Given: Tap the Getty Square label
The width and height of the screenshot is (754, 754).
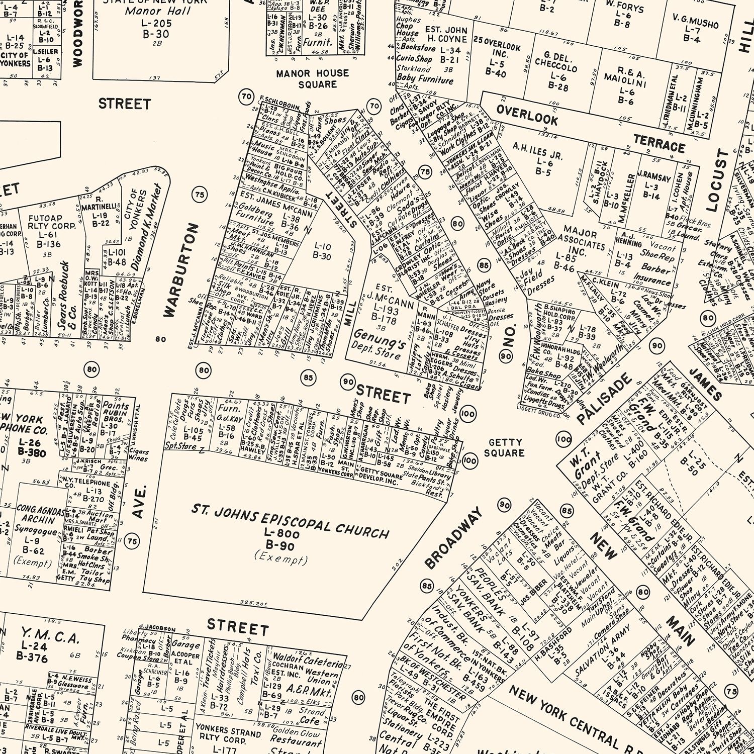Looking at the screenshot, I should click(504, 447).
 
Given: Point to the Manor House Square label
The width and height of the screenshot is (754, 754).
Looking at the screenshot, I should click(312, 79).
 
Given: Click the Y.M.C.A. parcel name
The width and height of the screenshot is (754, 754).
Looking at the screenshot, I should click(50, 637).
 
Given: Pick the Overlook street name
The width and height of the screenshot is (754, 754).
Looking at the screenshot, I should click(527, 115).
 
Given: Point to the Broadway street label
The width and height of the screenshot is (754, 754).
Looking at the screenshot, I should click(453, 538).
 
